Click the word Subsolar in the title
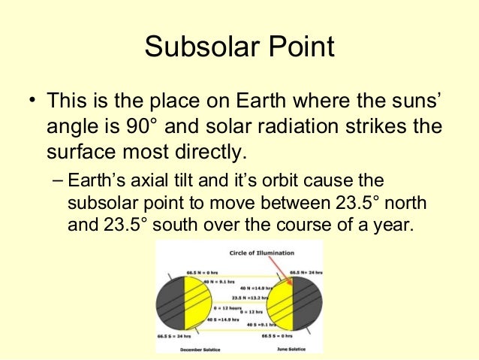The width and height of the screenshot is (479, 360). coord(197,47)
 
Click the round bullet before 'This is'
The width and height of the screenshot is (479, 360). coord(32,101)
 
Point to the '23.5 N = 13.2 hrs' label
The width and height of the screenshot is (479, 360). coord(243,297)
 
